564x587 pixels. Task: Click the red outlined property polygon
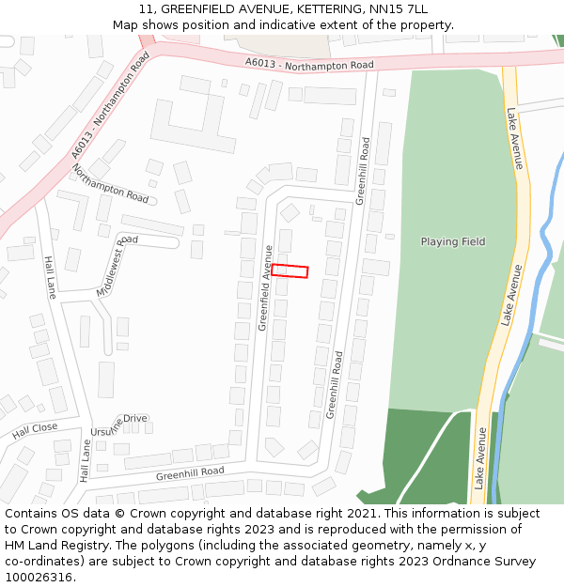(290, 271)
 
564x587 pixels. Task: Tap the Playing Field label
(452, 242)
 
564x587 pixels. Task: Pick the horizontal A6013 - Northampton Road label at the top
(308, 64)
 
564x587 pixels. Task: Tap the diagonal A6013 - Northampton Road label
(111, 105)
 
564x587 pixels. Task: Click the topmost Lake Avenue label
(515, 138)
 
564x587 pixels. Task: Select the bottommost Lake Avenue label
(481, 457)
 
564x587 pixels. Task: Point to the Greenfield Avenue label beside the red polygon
(266, 287)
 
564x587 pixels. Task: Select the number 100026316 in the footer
(39, 578)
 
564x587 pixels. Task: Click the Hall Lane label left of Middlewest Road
(50, 277)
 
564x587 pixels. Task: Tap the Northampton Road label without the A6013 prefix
(111, 183)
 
